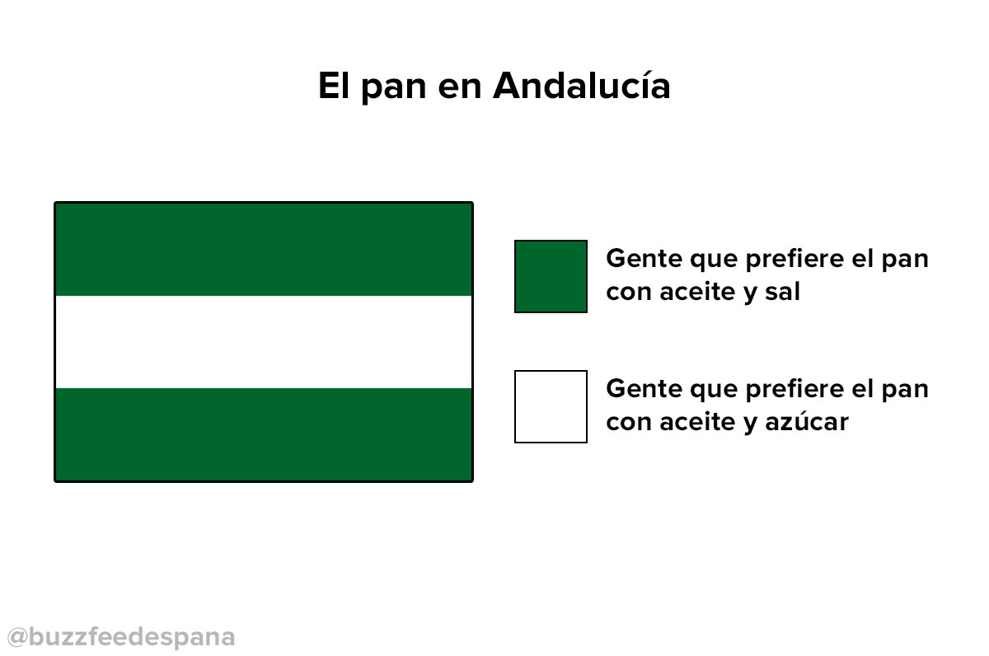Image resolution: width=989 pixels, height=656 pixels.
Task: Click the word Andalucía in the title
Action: pos(582,85)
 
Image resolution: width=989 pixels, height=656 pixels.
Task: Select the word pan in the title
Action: pos(394,90)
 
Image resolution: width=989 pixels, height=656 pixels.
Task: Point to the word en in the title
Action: pos(459,89)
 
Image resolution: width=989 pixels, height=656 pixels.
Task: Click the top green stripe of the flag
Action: pos(264,250)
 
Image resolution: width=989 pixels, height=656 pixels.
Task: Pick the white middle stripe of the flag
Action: pos(264,342)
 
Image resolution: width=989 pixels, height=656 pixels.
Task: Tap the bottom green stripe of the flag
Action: pos(264,434)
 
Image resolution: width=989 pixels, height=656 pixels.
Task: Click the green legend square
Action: pos(551,276)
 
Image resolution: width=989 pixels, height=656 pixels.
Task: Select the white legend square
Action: pos(551,406)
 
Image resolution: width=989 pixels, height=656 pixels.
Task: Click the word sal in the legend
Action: pos(782,292)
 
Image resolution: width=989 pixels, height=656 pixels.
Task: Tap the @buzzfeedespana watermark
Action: pos(121,638)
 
